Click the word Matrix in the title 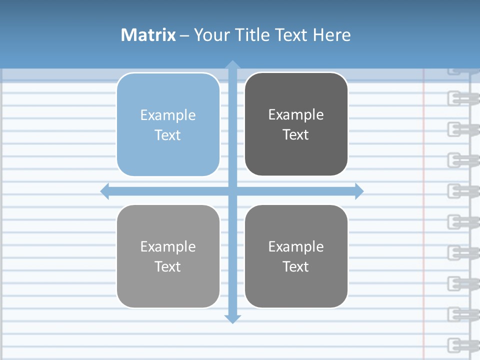[x=148, y=35]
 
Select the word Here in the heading [x=331, y=35]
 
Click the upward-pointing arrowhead [x=232, y=64]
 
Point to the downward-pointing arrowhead [x=232, y=319]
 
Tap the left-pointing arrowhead [x=104, y=191]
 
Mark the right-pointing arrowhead [x=359, y=191]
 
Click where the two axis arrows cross [x=232, y=191]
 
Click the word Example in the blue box [x=168, y=115]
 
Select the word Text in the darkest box [x=296, y=135]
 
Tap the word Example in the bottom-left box [x=168, y=247]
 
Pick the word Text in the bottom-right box [x=296, y=266]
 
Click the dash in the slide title [x=184, y=35]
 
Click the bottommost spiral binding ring [x=459, y=344]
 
